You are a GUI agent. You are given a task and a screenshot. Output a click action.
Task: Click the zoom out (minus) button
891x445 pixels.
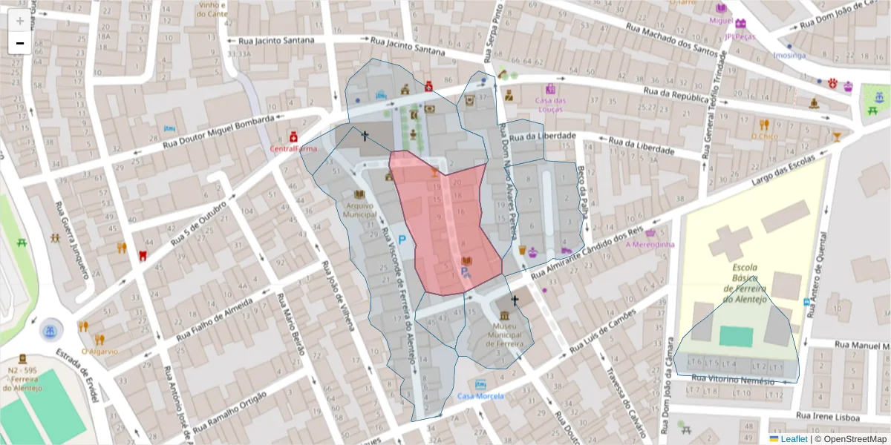[20, 43]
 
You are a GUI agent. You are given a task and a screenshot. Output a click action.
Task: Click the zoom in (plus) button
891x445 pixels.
[20, 21]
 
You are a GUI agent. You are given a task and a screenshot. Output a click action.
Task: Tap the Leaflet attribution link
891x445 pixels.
[793, 439]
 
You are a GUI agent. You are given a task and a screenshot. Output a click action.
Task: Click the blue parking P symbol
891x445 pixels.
[402, 240]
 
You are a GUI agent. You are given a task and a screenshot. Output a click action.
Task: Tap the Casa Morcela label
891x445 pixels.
[480, 395]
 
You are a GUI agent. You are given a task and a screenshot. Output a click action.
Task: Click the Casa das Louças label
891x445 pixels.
[550, 105]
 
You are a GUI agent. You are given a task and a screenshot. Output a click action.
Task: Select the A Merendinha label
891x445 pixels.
[650, 244]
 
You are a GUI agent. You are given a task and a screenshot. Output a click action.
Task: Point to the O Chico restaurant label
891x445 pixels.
[763, 136]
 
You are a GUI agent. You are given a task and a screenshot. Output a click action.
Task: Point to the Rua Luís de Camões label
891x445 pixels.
[603, 331]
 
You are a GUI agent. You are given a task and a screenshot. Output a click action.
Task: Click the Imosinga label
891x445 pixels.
[789, 55]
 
